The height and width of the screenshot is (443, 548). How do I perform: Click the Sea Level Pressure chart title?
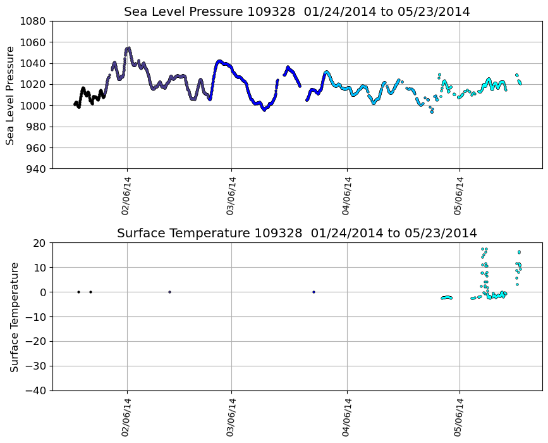tap(297, 11)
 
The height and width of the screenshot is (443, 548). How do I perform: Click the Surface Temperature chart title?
tap(297, 233)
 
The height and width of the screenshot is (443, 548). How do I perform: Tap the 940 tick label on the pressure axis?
tap(35, 169)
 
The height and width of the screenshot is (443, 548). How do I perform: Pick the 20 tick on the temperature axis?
tap(40, 243)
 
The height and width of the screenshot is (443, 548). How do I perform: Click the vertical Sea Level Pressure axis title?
tap(11, 95)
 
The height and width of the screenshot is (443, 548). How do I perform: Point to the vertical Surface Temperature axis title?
tap(13, 316)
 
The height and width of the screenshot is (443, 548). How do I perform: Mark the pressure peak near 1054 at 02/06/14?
tap(128, 48)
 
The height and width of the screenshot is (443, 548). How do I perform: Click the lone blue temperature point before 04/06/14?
tap(314, 292)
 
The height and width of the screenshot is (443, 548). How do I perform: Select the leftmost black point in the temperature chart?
tap(78, 292)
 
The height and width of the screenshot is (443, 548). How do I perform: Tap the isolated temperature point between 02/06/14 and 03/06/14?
tap(169, 292)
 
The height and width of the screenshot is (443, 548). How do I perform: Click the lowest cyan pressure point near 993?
tap(432, 112)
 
